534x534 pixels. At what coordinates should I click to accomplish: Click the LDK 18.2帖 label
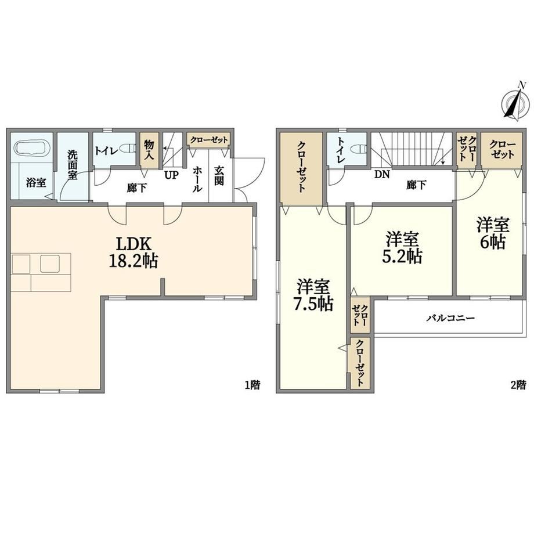(x=133, y=252)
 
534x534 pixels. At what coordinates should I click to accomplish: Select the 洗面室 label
(x=72, y=165)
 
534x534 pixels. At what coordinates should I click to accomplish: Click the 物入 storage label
(x=149, y=150)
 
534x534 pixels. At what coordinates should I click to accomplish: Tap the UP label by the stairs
(x=172, y=175)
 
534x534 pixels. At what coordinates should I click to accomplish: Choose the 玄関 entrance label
(x=219, y=176)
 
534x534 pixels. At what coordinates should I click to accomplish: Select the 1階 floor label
(x=252, y=385)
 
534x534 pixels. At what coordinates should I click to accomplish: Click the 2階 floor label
(x=518, y=385)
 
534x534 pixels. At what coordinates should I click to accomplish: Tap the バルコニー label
(x=451, y=319)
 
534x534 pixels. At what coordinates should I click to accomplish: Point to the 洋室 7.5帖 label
(x=313, y=295)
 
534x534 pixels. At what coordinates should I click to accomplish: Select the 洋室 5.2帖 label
(x=402, y=248)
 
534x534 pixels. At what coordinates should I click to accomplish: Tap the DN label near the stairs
(x=382, y=175)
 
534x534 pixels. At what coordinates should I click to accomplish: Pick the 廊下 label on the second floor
(x=416, y=185)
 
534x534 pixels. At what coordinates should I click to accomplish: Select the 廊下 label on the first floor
(x=137, y=187)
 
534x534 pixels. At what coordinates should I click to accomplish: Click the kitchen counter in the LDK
(x=41, y=272)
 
